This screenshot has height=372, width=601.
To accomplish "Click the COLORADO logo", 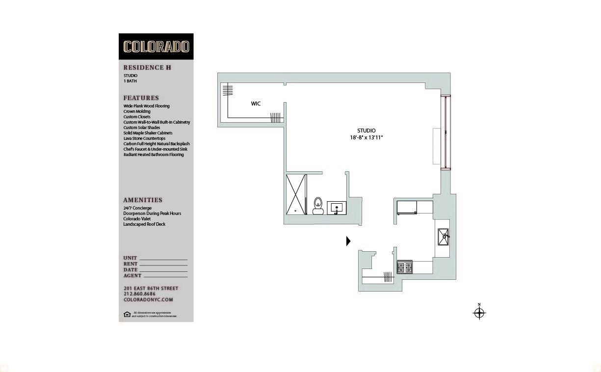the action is point(156,47).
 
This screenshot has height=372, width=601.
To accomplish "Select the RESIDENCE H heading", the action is point(147,68).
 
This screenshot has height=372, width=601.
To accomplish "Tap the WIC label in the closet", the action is point(256,104).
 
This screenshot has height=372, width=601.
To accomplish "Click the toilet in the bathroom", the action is point(318,206).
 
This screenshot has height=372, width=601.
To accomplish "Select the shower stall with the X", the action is point(296,194).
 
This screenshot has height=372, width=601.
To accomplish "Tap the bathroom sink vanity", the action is point(337,208).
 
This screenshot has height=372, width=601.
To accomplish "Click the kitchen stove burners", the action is point(405,268).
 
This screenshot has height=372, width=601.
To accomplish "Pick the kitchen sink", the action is point(444,237).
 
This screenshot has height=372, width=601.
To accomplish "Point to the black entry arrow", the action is point(348,241).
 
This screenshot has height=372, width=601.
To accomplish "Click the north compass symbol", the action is point(479,313).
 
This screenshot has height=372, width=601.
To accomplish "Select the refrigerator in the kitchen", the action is point(407,207).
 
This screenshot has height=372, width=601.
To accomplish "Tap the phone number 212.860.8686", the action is point(139,294).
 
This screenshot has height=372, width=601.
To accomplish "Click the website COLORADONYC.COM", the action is point(148,300).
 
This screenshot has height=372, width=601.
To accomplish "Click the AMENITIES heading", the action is point(143,200).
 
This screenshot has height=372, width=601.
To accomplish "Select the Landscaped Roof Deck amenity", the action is point(144,224).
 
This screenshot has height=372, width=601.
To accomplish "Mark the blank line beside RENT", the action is point(163,265).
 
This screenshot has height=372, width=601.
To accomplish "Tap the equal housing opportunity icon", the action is point(127,314).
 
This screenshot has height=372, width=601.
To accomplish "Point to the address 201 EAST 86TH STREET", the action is point(151,289).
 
